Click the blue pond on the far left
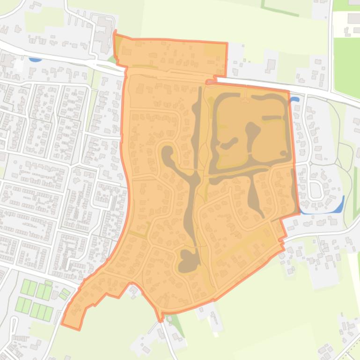point(35,60)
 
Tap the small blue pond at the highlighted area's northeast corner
point(294,100)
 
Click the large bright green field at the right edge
point(346,65)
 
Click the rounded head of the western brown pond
point(166,152)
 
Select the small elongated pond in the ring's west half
point(229,144)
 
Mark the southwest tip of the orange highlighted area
point(64,324)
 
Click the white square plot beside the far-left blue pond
point(19,63)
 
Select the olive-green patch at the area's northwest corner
point(118,44)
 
